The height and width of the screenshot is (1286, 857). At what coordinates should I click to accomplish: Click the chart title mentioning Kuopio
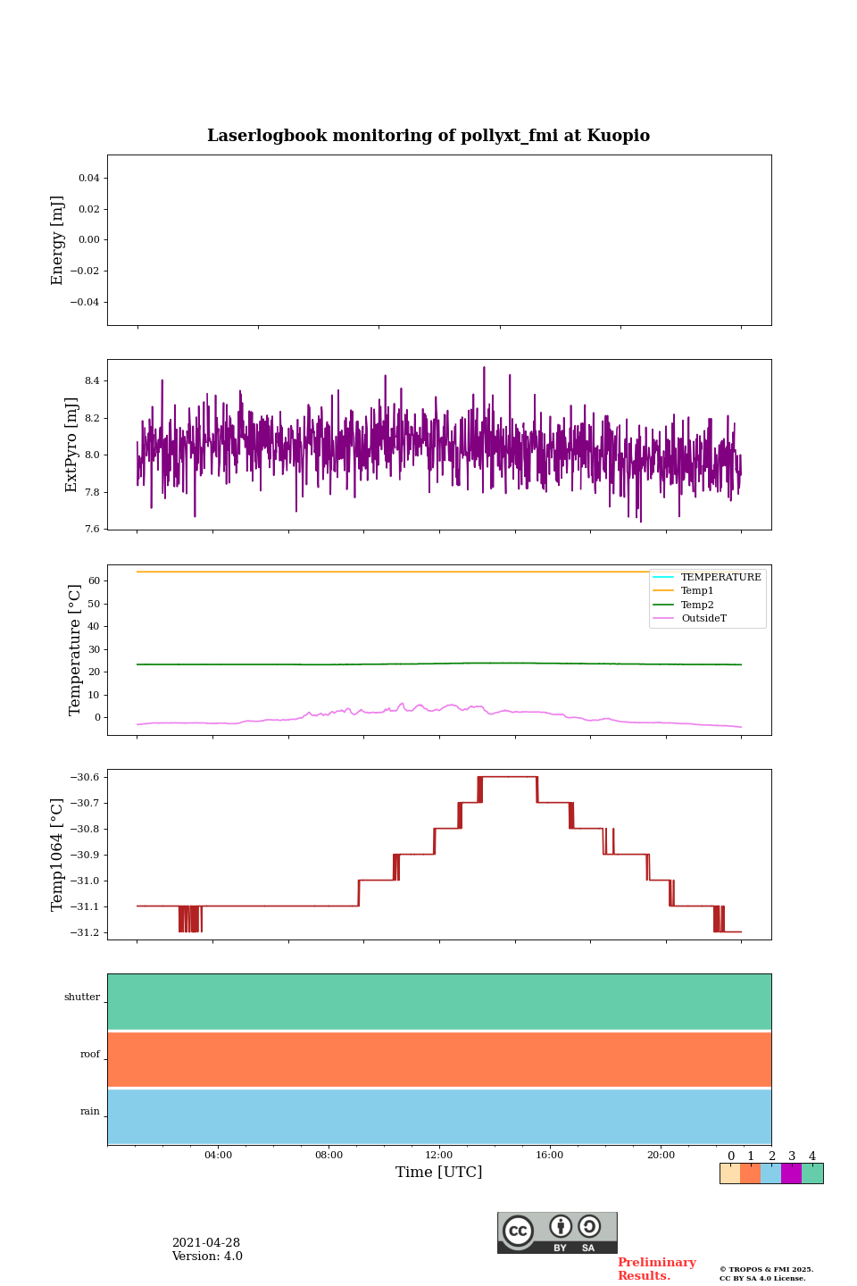tap(428, 136)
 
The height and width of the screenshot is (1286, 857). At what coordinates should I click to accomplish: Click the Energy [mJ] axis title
tap(58, 240)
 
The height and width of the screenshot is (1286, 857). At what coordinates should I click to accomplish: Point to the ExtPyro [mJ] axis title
tap(72, 445)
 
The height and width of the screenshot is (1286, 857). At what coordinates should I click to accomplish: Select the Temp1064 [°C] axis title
tap(58, 855)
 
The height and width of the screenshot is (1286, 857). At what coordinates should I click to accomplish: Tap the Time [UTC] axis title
tap(438, 1172)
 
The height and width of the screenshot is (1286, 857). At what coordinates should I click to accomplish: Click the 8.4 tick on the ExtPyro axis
tap(92, 381)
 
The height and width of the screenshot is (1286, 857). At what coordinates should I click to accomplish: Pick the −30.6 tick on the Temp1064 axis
tap(83, 777)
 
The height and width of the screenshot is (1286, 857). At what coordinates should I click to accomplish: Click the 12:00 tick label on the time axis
tap(439, 1155)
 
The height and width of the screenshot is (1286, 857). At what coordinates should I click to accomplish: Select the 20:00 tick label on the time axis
tap(661, 1155)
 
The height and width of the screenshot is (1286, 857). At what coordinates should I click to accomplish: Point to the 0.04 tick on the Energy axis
tap(88, 179)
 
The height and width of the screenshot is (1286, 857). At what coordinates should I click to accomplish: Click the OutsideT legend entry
tap(703, 619)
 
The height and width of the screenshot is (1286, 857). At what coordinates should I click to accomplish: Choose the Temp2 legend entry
tap(697, 605)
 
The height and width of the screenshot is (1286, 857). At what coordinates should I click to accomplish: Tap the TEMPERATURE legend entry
tap(720, 578)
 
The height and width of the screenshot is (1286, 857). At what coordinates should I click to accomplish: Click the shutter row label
tap(82, 998)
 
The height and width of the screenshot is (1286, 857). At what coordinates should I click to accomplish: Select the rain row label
tap(90, 1112)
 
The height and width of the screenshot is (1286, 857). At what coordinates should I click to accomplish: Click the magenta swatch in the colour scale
tap(791, 1173)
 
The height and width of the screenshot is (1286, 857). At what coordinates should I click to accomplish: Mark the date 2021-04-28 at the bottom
tap(206, 1243)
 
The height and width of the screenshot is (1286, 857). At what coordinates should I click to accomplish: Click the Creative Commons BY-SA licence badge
tap(557, 1232)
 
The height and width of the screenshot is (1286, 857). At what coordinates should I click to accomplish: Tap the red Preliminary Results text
tap(656, 1269)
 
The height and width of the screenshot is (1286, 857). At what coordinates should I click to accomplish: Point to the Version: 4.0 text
tap(207, 1257)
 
